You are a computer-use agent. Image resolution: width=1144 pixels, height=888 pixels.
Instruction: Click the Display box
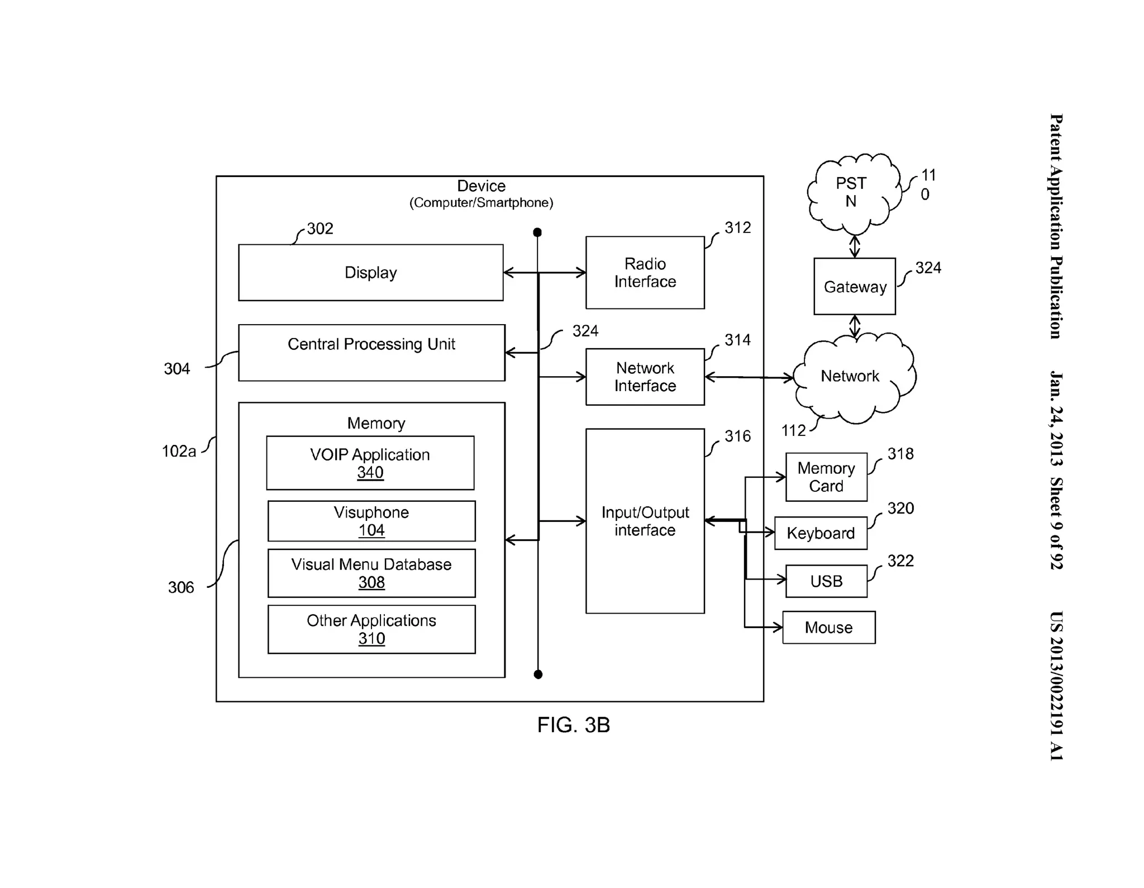(370, 273)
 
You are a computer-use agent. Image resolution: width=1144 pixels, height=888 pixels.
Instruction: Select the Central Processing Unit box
(371, 353)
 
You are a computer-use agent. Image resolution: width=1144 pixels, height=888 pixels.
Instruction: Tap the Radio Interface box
(645, 273)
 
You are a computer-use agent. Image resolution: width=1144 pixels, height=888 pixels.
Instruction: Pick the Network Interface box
(645, 377)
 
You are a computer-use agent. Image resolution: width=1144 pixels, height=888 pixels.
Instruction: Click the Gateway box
(854, 286)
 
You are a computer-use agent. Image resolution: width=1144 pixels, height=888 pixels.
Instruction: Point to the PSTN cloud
(851, 193)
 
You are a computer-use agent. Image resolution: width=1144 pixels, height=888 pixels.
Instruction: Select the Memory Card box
(826, 477)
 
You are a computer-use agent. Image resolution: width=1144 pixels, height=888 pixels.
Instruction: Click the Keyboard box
(820, 533)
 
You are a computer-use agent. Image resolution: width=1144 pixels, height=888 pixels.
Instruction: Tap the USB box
(826, 581)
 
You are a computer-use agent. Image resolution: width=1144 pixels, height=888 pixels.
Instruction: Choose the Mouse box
(828, 628)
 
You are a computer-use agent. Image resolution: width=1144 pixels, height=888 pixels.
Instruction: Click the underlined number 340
(370, 473)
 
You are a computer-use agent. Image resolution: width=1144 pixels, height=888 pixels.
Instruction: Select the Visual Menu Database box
(371, 573)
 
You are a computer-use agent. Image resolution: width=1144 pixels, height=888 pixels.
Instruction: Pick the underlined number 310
(371, 638)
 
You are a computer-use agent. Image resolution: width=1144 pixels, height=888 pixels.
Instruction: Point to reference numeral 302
(320, 229)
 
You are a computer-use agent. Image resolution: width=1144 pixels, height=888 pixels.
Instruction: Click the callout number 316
(737, 436)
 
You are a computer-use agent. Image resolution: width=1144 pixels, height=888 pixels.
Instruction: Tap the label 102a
(179, 451)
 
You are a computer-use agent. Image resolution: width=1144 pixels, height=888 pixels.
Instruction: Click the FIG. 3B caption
(573, 725)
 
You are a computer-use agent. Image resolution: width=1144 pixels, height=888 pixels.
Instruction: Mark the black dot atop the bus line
(537, 232)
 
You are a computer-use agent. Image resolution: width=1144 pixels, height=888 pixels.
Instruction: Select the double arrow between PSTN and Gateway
(854, 246)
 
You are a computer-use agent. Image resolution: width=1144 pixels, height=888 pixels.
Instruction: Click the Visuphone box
(371, 521)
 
